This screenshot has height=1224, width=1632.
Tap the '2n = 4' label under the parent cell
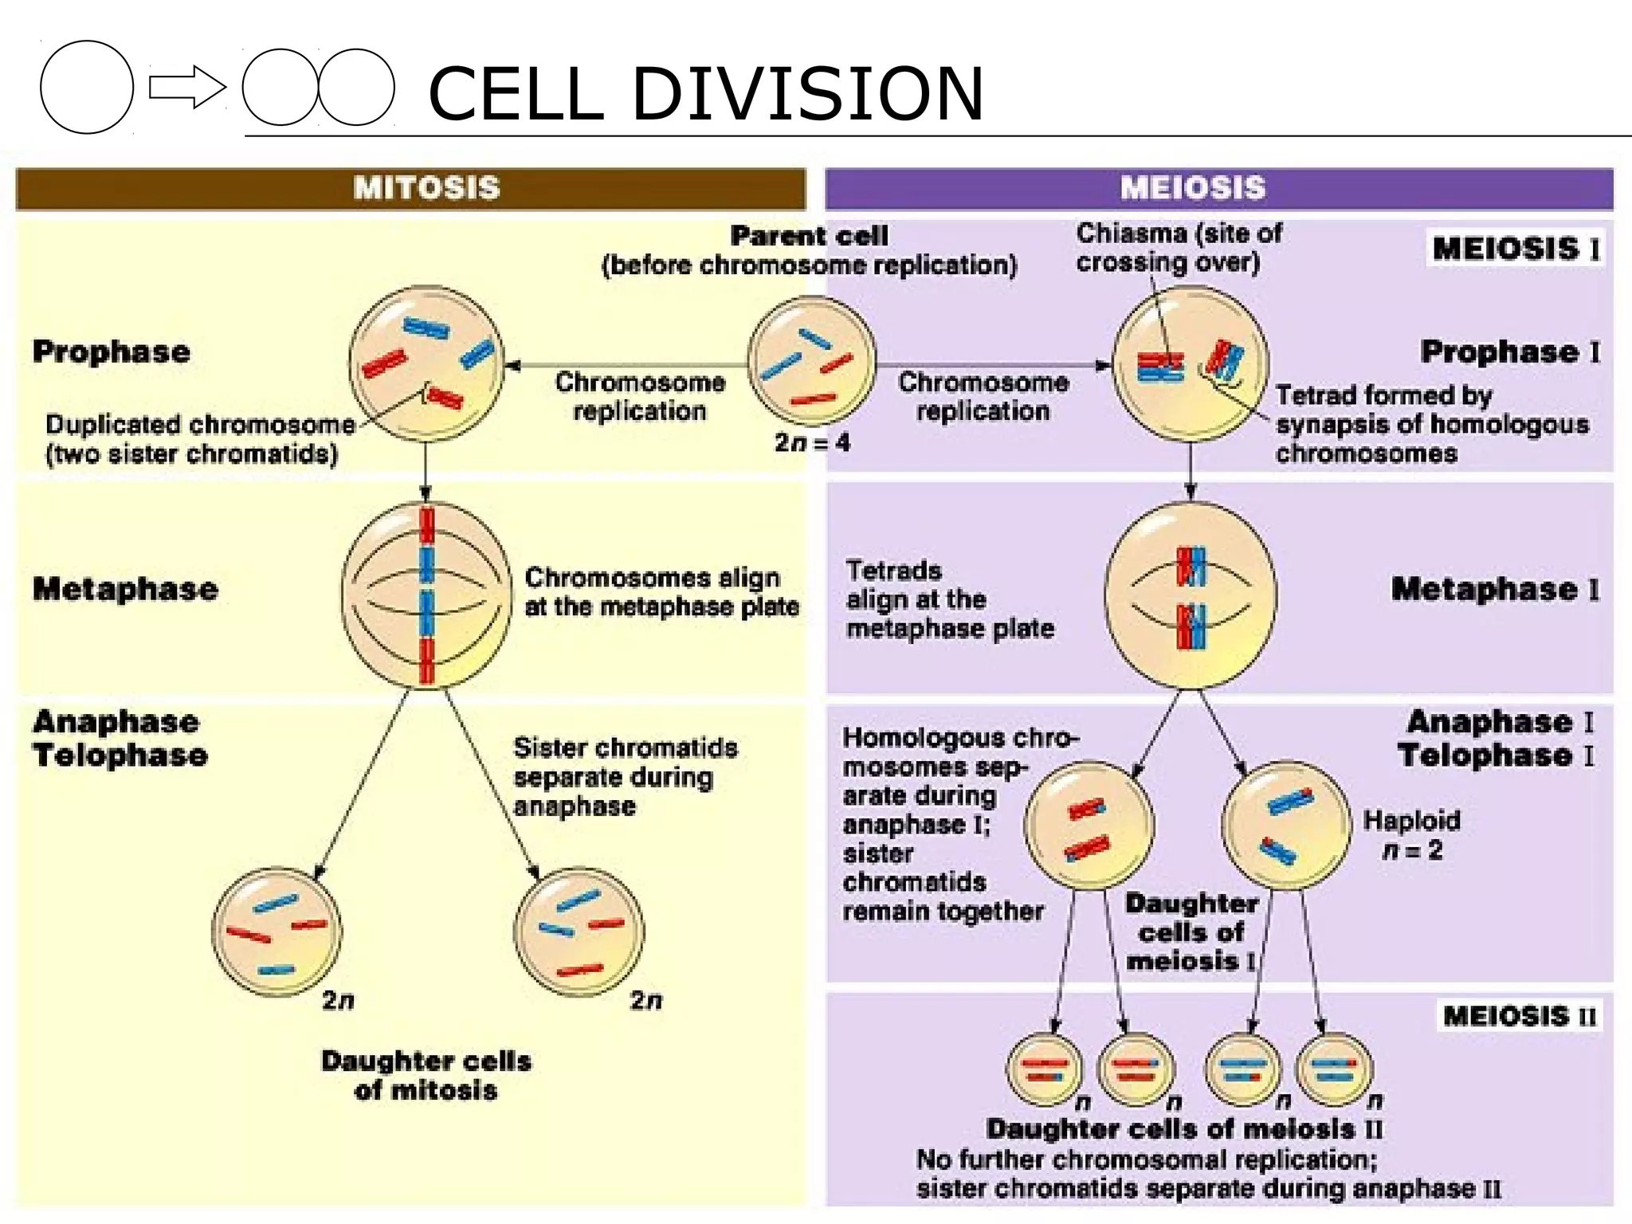(811, 442)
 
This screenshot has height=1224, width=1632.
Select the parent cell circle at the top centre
(811, 361)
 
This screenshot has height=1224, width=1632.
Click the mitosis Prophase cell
(426, 363)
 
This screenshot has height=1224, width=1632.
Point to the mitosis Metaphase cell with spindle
(426, 595)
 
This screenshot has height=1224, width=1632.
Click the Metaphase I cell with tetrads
(1191, 595)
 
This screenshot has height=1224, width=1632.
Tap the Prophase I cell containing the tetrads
(1191, 363)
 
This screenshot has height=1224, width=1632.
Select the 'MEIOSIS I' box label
(1515, 249)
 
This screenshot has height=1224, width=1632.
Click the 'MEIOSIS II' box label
(1520, 1016)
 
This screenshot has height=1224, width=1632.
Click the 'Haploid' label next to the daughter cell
(1411, 821)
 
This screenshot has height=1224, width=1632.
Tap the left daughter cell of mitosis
(277, 932)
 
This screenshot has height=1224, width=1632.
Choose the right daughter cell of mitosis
(579, 932)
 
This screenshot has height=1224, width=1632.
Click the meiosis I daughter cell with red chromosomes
(1089, 825)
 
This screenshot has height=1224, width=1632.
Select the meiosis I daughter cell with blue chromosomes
(1286, 825)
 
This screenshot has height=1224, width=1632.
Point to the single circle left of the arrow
(87, 88)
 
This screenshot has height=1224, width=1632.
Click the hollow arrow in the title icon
(186, 88)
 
